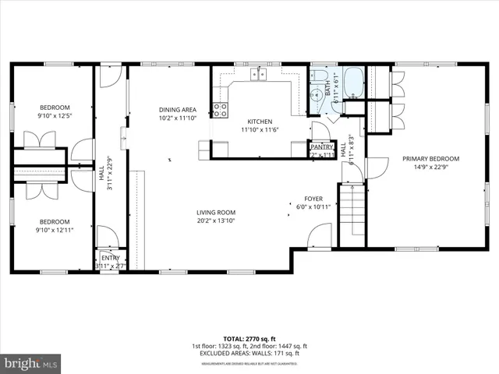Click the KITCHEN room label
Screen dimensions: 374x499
(259, 122)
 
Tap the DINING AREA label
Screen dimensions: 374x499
(177, 110)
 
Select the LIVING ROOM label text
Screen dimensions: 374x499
(215, 212)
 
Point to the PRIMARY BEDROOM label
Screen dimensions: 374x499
(430, 158)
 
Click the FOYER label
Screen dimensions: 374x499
(314, 199)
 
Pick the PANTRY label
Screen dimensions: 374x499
(322, 146)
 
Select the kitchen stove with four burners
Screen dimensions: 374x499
(221, 110)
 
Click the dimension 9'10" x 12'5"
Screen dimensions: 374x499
(55, 116)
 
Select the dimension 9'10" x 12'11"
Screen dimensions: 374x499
(55, 229)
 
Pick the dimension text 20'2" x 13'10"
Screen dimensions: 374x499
(215, 221)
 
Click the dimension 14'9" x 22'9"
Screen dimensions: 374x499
(430, 167)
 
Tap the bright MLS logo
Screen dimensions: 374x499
(30, 363)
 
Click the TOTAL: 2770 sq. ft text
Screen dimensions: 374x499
(249, 338)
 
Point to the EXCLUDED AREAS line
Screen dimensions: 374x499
(249, 353)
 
